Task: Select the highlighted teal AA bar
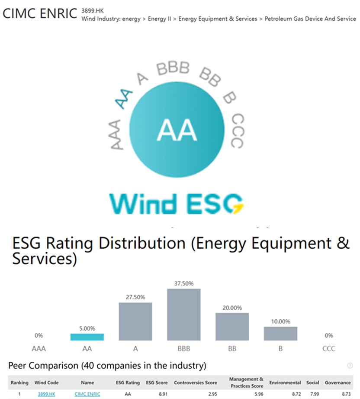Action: point(87,337)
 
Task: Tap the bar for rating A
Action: point(135,321)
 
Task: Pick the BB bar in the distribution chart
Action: point(232,327)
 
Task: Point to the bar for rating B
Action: point(281,333)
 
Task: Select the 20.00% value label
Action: point(232,308)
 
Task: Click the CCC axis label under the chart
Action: point(329,348)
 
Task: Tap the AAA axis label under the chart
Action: point(39,348)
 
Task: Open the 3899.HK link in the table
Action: point(46,394)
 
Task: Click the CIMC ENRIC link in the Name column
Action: point(87,394)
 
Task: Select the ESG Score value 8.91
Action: point(161,394)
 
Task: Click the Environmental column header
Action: point(285,383)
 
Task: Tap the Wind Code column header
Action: point(46,383)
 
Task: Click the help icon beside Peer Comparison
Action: point(350,366)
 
